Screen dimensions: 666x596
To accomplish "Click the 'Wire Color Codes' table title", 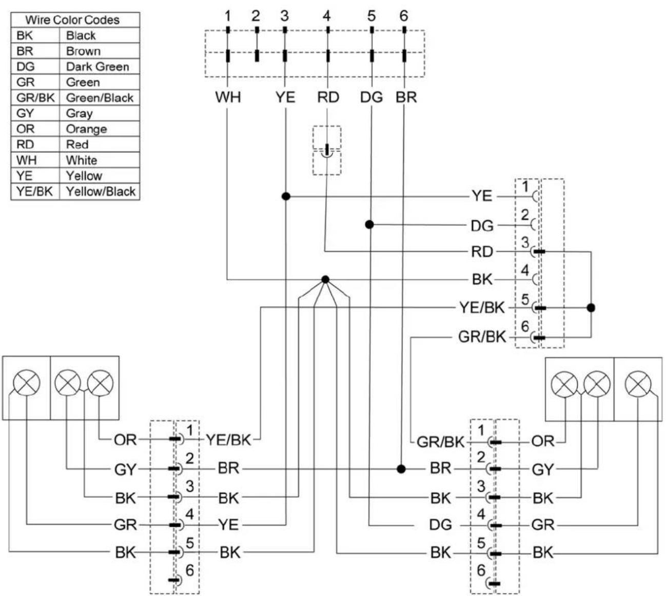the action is pyautogui.click(x=72, y=20).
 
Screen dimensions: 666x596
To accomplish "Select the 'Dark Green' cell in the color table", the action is pyautogui.click(x=97, y=67).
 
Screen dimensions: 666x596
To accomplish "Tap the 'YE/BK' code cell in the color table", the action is pyautogui.click(x=34, y=191).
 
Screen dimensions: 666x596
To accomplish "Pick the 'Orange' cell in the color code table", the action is pyautogui.click(x=86, y=129).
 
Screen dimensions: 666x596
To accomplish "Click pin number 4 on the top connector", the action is pyautogui.click(x=326, y=16).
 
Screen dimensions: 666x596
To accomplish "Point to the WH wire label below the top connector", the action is pyautogui.click(x=228, y=97).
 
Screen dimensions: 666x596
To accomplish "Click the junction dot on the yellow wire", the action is pyautogui.click(x=286, y=196).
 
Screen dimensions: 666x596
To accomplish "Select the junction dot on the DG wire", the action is pyautogui.click(x=369, y=225).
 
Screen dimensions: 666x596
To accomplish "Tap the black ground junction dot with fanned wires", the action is pyautogui.click(x=325, y=280).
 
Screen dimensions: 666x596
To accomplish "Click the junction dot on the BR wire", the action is pyautogui.click(x=401, y=469).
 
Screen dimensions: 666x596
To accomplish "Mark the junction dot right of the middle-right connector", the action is pyautogui.click(x=591, y=308).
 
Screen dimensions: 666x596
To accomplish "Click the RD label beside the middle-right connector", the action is pyautogui.click(x=482, y=252).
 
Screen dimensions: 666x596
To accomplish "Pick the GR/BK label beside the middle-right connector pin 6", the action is pyautogui.click(x=482, y=337).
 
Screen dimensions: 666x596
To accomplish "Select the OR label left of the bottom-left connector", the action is pyautogui.click(x=125, y=440).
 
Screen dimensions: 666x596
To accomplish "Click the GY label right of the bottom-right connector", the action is pyautogui.click(x=543, y=469).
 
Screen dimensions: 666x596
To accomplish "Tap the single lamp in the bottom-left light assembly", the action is pyautogui.click(x=27, y=383).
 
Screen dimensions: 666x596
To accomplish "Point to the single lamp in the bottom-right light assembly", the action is pyautogui.click(x=638, y=384).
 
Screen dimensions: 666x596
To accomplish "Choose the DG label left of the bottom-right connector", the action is pyautogui.click(x=440, y=525).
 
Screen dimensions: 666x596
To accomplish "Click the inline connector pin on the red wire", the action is pyautogui.click(x=327, y=150).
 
